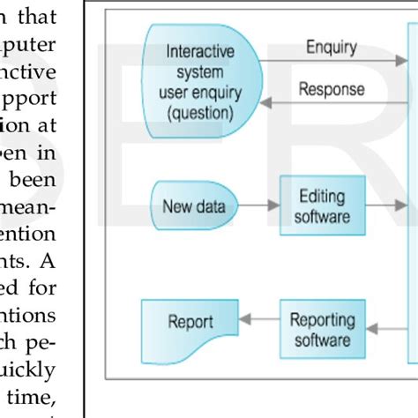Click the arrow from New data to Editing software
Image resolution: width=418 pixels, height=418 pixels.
259,208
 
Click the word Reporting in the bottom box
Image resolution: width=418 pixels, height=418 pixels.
323,319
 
